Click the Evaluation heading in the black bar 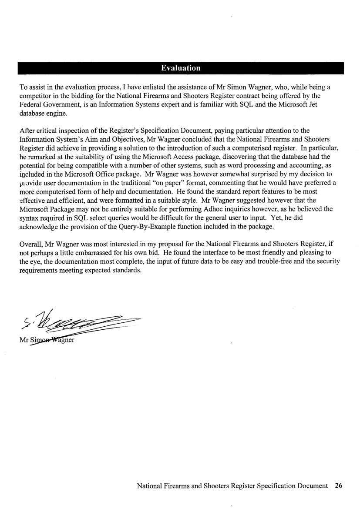pos(181,68)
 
